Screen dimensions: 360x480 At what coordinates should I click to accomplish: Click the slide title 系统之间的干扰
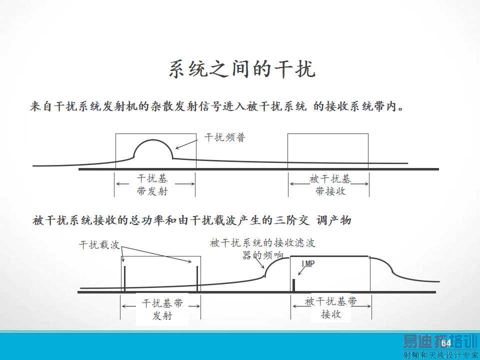pyautogui.click(x=242, y=70)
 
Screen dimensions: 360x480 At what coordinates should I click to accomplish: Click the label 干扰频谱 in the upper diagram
pyautogui.click(x=225, y=137)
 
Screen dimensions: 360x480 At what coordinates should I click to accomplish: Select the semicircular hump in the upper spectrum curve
pyautogui.click(x=153, y=148)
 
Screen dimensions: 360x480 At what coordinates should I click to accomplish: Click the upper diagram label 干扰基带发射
pyautogui.click(x=152, y=184)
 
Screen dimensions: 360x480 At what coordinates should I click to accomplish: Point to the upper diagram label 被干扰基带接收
pyautogui.click(x=330, y=184)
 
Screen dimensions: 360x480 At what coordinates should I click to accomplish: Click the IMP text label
pyautogui.click(x=308, y=263)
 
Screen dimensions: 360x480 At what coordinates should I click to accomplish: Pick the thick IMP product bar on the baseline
pyautogui.click(x=294, y=284)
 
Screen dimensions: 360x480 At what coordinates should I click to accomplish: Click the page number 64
pyautogui.click(x=446, y=342)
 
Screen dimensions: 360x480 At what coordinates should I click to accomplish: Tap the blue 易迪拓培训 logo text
pyautogui.click(x=435, y=341)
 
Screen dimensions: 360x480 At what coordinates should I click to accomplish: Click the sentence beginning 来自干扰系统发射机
pyautogui.click(x=217, y=106)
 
